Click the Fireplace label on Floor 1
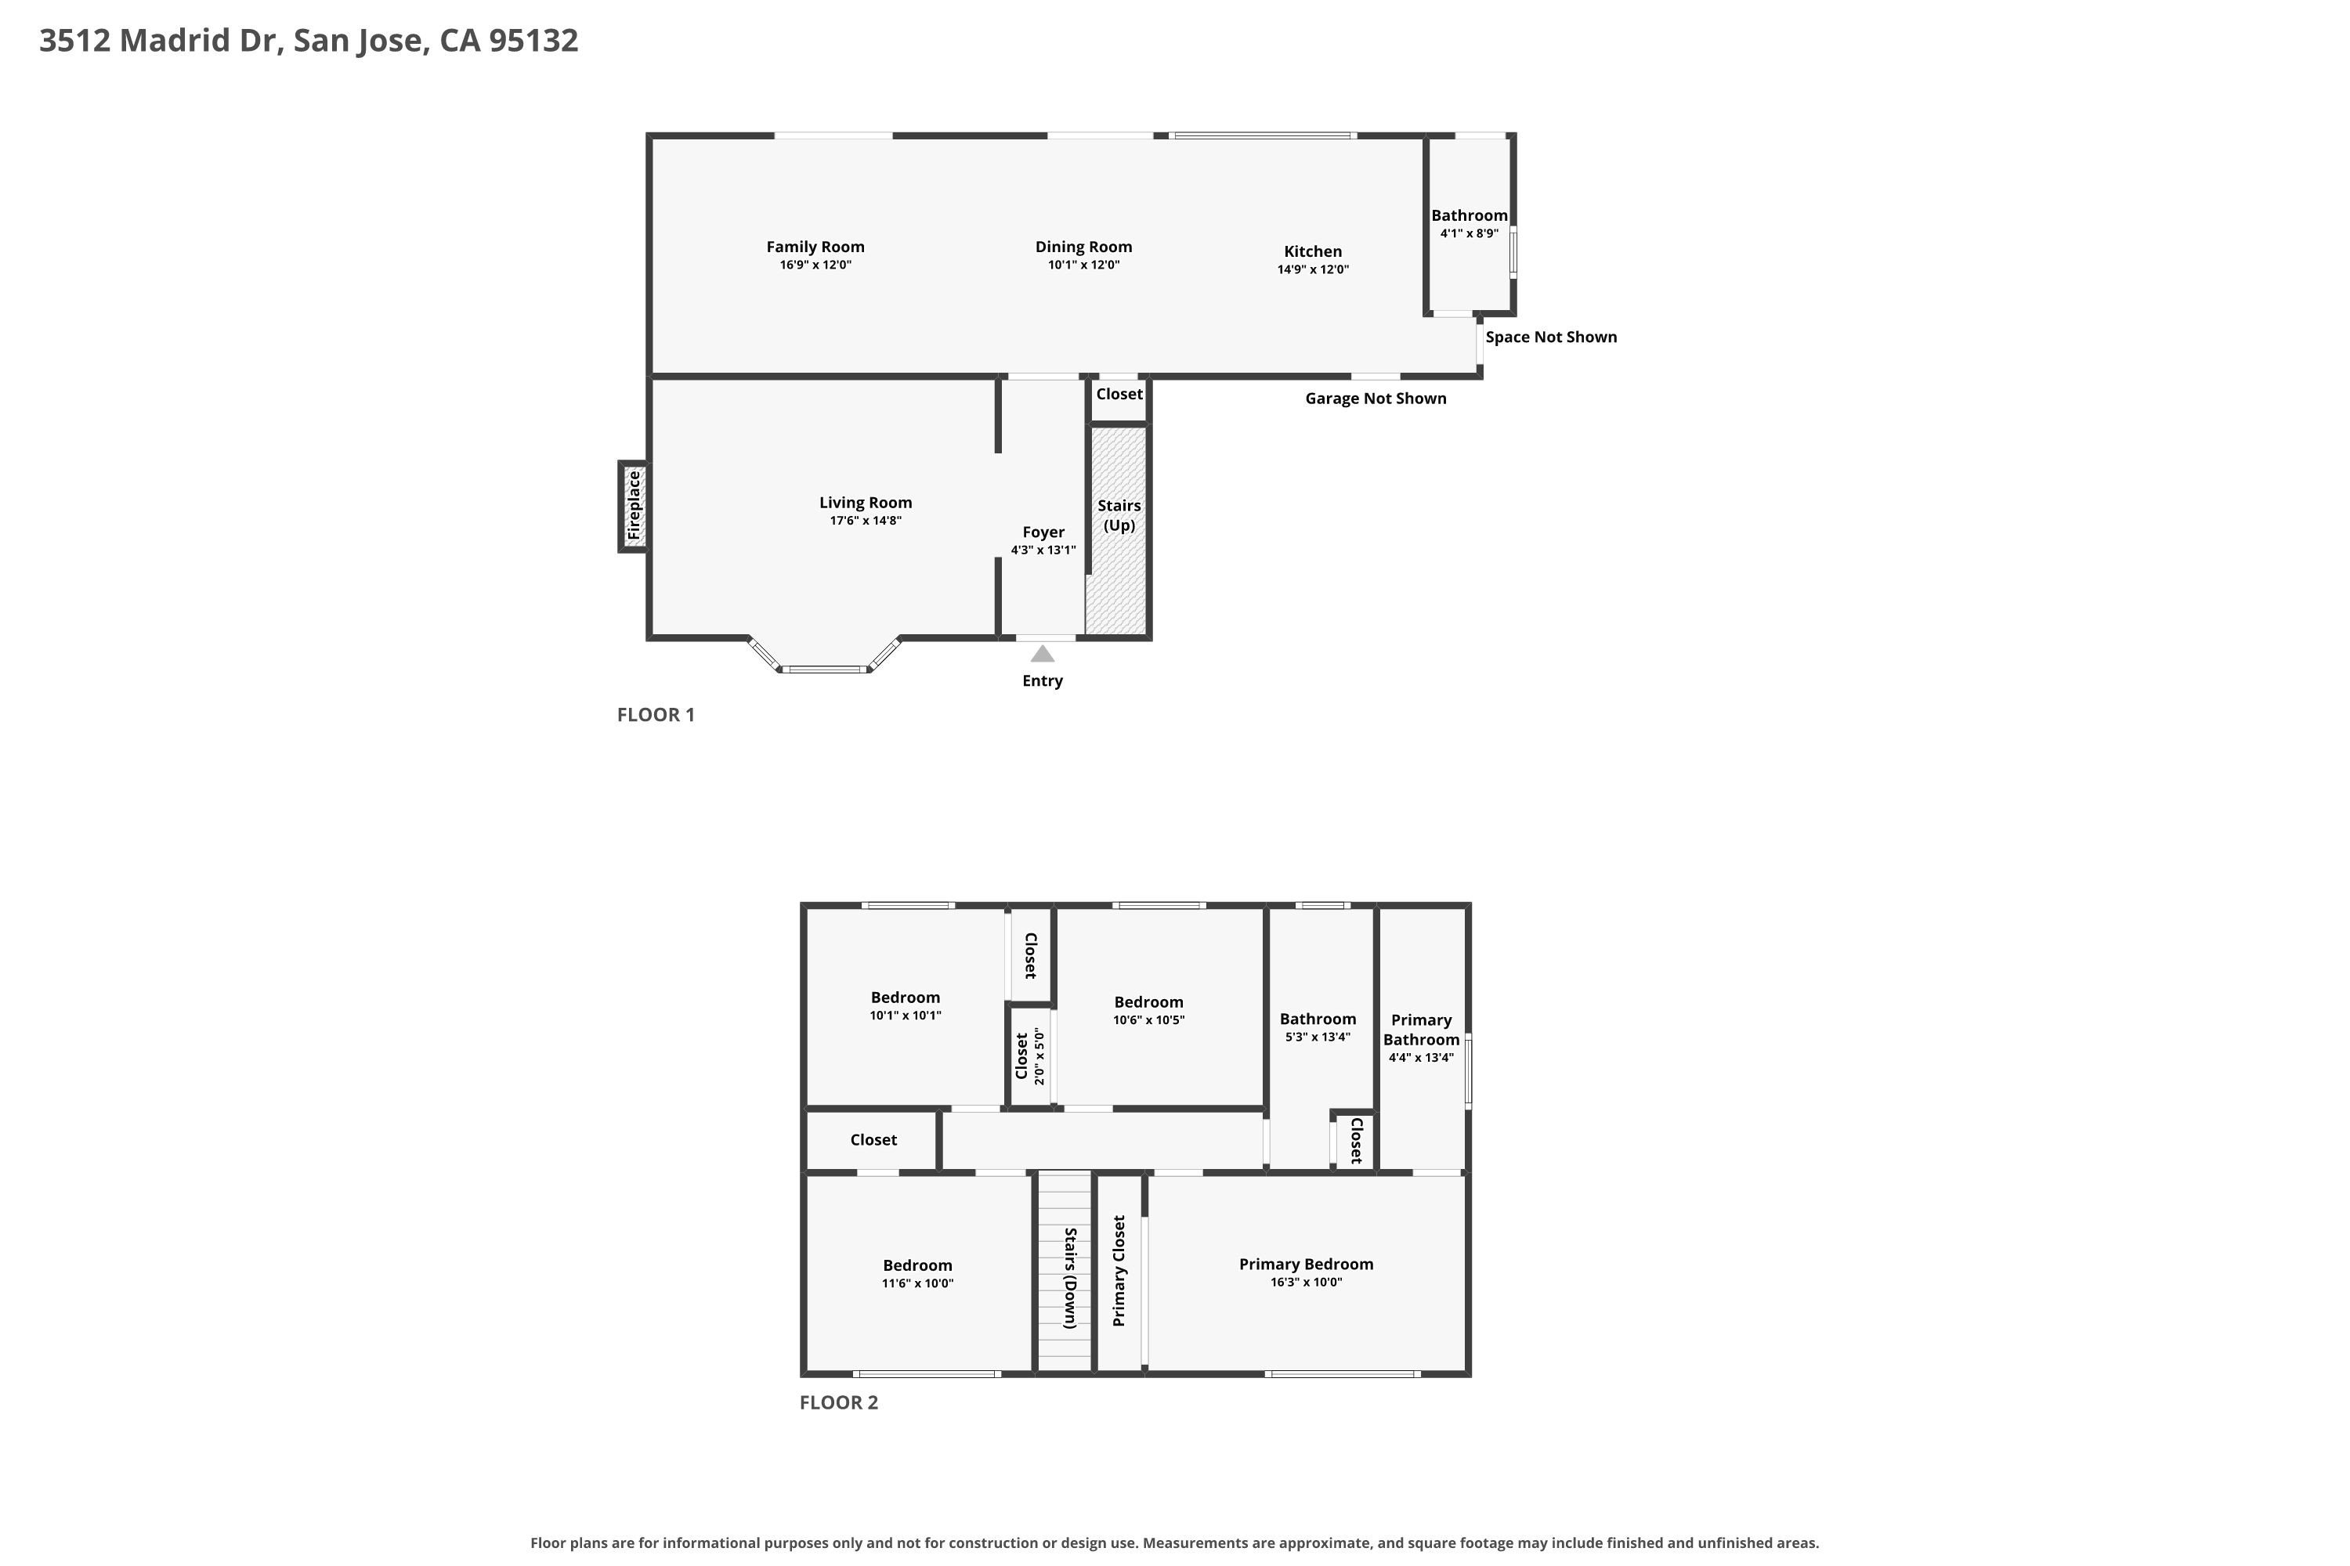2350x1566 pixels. click(634, 505)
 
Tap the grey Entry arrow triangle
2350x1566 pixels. click(1042, 654)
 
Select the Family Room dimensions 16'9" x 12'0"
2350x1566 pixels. click(815, 265)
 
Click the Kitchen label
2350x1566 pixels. click(1313, 251)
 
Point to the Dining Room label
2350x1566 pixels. click(1083, 247)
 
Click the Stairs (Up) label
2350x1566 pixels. click(1119, 515)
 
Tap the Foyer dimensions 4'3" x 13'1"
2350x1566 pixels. click(1043, 550)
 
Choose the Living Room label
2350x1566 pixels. click(866, 503)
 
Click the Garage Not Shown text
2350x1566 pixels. click(1376, 399)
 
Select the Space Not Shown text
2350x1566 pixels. click(1551, 337)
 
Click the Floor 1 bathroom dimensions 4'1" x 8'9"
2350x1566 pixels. click(1469, 233)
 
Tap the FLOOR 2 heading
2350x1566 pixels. click(838, 1402)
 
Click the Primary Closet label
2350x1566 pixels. click(1119, 1270)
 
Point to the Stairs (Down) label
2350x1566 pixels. click(1069, 1279)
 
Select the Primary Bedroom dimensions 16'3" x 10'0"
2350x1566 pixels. click(1306, 1283)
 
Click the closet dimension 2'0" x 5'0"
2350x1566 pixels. click(1039, 1055)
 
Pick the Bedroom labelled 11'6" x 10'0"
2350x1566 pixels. click(917, 1265)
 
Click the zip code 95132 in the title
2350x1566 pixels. click(533, 40)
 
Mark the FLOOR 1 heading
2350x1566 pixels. click(656, 715)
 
